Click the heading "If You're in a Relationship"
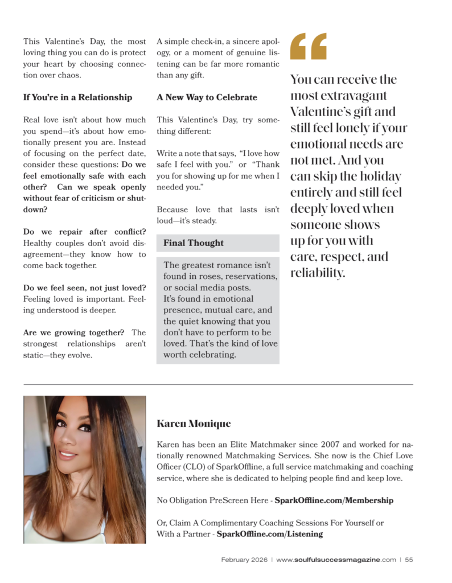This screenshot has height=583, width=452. (x=77, y=97)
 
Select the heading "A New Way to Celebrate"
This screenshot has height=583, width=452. (x=207, y=97)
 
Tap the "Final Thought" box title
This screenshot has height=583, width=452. (x=194, y=243)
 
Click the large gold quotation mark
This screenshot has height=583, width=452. (x=309, y=46)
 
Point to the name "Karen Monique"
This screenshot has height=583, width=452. (x=194, y=424)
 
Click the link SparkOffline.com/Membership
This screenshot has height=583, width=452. (x=334, y=500)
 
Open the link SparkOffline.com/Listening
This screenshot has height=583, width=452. (x=270, y=534)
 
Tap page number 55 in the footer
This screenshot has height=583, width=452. (x=409, y=560)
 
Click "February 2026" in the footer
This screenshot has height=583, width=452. (x=244, y=560)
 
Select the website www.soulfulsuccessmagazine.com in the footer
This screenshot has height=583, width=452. (x=336, y=560)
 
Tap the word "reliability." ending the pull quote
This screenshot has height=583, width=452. (x=318, y=273)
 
